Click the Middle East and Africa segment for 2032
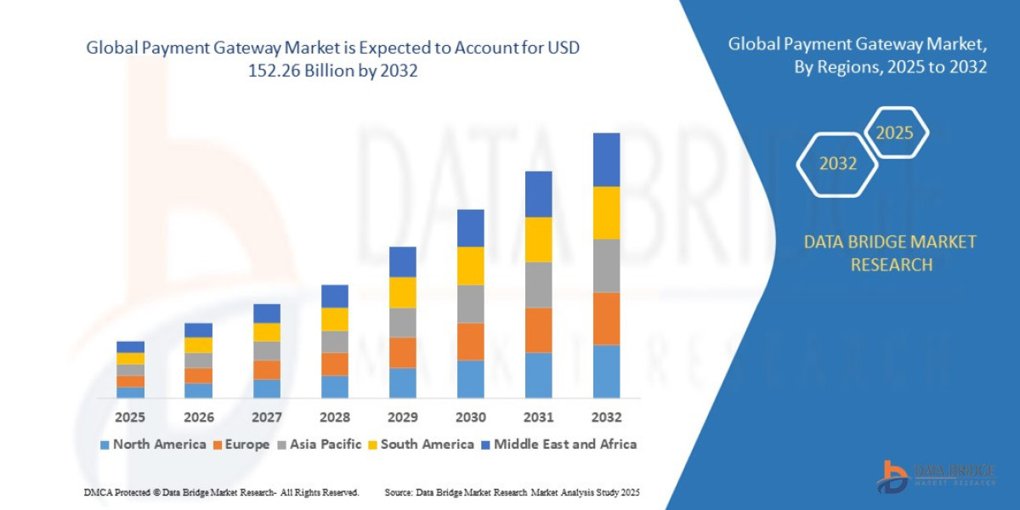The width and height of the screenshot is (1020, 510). [606, 159]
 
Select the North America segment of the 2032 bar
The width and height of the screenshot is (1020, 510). [606, 371]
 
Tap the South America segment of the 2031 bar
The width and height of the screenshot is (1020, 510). [538, 240]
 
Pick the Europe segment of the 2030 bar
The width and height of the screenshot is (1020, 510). [470, 342]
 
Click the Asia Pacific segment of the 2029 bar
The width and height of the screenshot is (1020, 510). [402, 322]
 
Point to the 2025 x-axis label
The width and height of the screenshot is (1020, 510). [130, 417]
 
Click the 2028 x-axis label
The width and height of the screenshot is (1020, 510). [334, 417]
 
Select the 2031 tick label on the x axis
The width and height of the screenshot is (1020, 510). [538, 417]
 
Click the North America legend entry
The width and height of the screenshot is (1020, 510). [152, 445]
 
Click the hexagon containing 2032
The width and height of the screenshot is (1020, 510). [838, 164]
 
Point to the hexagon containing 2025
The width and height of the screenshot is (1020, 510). [894, 133]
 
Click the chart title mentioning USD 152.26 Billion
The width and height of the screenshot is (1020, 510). [332, 59]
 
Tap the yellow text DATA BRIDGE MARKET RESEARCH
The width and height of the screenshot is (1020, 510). [890, 253]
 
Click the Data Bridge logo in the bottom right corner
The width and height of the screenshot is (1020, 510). [935, 476]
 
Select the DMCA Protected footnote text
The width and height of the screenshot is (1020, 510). [222, 493]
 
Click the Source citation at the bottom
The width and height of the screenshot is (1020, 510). [512, 493]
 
